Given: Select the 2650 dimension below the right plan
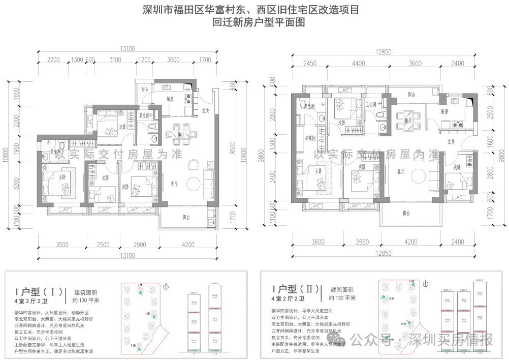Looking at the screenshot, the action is pos(362,243).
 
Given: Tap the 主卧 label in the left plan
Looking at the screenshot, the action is pos(61,177).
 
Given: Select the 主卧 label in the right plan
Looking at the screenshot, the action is pos(319,171).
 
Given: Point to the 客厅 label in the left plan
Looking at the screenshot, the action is pos(173,184).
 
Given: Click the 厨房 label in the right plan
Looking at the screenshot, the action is pos(444,111).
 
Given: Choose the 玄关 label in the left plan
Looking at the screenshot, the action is pos(206,110).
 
